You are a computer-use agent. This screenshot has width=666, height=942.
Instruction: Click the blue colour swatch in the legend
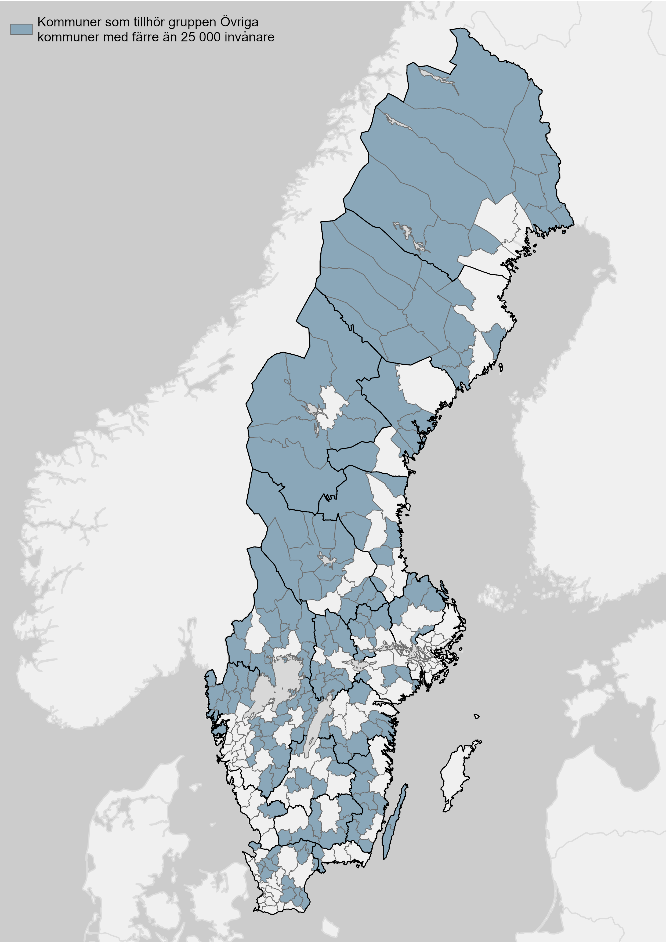[21, 29]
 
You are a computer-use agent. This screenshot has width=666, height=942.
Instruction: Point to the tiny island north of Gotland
[476, 716]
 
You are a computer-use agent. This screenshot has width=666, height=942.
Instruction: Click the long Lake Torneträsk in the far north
[439, 77]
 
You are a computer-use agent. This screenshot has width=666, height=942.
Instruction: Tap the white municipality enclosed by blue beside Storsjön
[332, 404]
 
